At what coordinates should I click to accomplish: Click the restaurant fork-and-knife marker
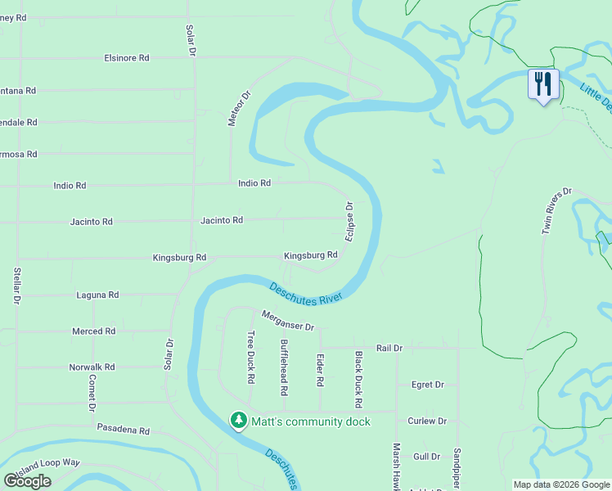[x=543, y=84]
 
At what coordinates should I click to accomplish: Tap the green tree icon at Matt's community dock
[x=238, y=421]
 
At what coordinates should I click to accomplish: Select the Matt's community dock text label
[x=311, y=421]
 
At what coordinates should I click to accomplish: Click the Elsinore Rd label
[x=127, y=58]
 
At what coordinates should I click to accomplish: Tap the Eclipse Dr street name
[x=349, y=221]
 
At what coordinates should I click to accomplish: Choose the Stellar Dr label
[x=16, y=286]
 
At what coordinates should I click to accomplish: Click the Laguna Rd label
[x=97, y=295]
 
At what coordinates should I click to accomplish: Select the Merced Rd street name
[x=93, y=331]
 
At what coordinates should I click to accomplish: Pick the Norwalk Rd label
[x=92, y=367]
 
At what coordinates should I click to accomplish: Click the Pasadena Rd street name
[x=124, y=430]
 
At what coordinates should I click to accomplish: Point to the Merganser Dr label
[x=288, y=321]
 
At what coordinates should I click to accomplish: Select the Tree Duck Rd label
[x=250, y=357]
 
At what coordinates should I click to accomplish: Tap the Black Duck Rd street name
[x=358, y=380]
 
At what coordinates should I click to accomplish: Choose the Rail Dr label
[x=389, y=348]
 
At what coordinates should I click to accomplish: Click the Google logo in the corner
[x=28, y=480]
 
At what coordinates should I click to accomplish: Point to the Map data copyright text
[x=560, y=484]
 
